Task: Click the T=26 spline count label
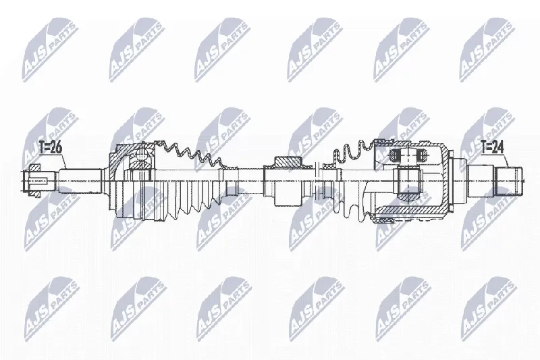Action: point(50,148)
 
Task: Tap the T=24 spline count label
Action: point(492,148)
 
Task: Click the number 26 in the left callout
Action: point(56,148)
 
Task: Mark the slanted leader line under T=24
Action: point(507,161)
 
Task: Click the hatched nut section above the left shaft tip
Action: point(34,168)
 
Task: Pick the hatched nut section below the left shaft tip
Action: point(34,195)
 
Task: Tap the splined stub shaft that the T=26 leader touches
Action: point(80,181)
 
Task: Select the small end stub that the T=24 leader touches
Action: point(508,181)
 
